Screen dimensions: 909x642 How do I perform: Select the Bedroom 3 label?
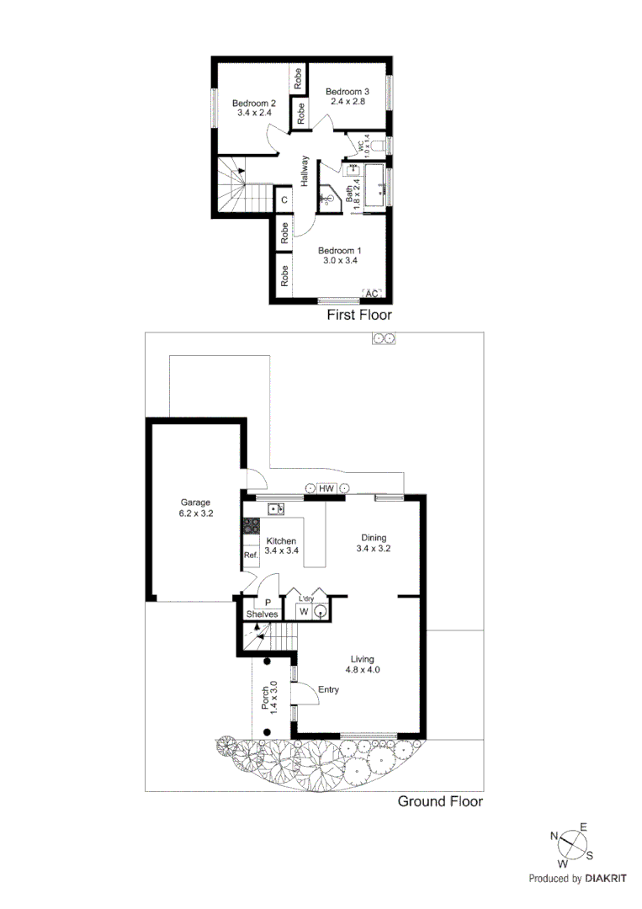[347, 92]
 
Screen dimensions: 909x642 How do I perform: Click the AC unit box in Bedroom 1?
[372, 294]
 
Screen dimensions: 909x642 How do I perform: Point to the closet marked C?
[284, 199]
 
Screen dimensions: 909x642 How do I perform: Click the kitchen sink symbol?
[277, 508]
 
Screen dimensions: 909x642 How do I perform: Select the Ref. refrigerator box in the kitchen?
[250, 556]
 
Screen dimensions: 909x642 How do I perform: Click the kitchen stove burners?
[250, 527]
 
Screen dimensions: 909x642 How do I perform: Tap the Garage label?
[194, 502]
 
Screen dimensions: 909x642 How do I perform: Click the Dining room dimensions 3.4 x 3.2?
[374, 548]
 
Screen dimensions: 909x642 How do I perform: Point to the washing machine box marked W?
[304, 612]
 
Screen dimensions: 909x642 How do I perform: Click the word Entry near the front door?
[328, 689]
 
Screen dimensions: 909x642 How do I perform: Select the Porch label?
[265, 697]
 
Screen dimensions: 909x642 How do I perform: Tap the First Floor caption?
[359, 315]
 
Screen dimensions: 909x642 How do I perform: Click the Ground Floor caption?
[440, 801]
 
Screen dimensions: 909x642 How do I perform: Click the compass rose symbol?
[572, 844]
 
